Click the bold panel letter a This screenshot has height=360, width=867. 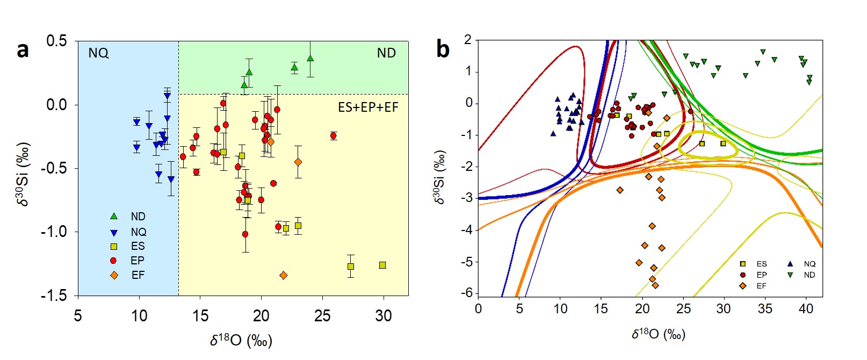(22, 50)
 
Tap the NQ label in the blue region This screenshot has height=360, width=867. (98, 53)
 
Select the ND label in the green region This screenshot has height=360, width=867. (386, 53)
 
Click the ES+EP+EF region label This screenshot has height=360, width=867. (368, 107)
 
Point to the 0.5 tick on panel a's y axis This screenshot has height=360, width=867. (56, 41)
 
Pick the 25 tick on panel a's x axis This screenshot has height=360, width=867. (322, 316)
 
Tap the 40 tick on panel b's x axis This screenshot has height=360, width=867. (806, 309)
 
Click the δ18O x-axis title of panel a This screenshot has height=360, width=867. (241, 341)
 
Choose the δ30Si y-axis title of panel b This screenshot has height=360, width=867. (439, 178)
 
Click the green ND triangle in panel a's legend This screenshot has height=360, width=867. (114, 217)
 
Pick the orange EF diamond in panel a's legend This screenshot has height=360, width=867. (114, 275)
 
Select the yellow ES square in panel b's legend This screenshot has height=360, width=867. (743, 264)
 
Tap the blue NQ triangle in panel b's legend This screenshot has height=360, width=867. (790, 264)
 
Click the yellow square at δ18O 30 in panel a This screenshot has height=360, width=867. (382, 265)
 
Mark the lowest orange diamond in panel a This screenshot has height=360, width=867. (284, 276)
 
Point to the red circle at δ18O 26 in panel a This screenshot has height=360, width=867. (334, 135)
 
